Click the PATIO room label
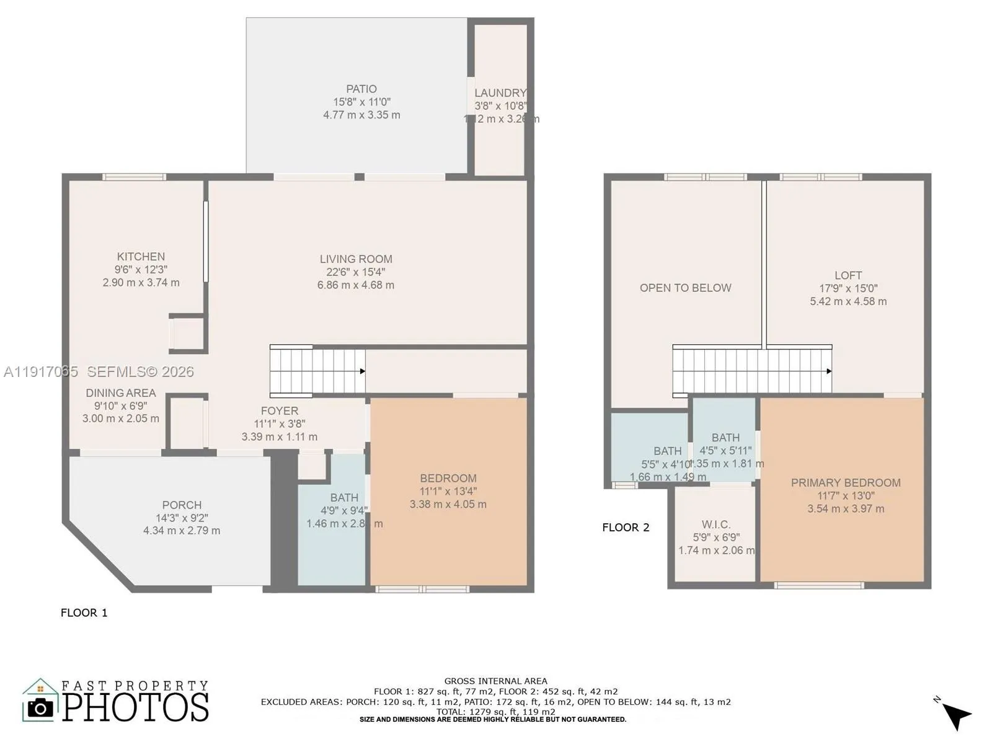(361, 89)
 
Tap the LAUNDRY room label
(500, 93)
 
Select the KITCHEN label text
(141, 256)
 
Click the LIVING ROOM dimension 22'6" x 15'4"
(356, 272)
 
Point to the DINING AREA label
(120, 392)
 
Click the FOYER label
(279, 410)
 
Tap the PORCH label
(182, 505)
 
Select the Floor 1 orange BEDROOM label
(448, 478)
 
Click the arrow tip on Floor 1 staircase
(363, 371)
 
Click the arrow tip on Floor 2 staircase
(829, 371)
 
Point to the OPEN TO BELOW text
(685, 288)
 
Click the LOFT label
(848, 275)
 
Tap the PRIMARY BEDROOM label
(845, 482)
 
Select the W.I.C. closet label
(715, 525)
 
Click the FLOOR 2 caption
(626, 528)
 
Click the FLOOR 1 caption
(84, 613)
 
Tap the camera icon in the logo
(41, 707)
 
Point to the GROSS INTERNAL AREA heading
(495, 681)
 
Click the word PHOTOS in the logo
(136, 707)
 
